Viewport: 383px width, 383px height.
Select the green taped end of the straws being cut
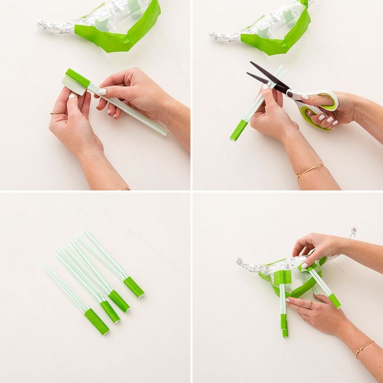pos(238,131)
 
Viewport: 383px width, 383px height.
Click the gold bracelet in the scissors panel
pos(309,170)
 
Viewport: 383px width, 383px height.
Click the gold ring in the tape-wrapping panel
pos(55,113)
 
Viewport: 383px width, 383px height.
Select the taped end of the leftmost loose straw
pos(97,321)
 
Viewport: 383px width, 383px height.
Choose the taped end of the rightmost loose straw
pos(134,287)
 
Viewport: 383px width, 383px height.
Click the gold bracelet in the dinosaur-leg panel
pos(364,348)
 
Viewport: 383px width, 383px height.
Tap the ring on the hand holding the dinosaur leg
pos(311,305)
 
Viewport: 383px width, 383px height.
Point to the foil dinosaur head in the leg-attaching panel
pos(352,233)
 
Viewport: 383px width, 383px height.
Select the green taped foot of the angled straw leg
pos(335,301)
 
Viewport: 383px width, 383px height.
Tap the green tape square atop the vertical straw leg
pos(282,277)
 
